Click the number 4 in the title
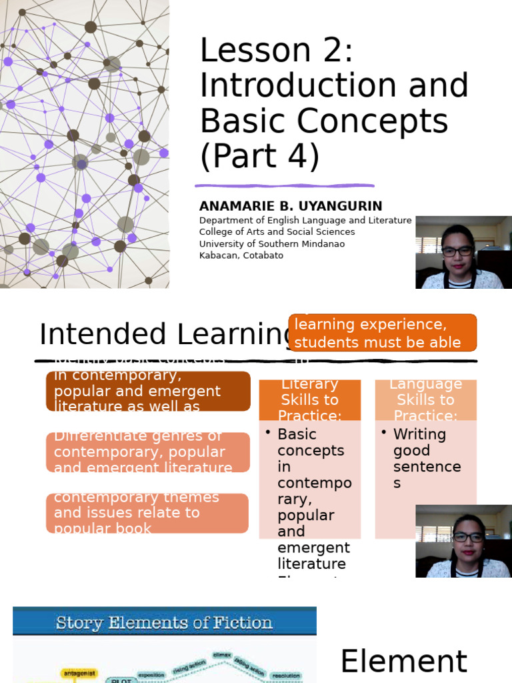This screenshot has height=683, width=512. coord(293,157)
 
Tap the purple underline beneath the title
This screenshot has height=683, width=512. coord(285,186)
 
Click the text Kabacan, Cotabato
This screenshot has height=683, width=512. coord(241,255)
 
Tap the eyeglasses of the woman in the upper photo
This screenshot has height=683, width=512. coord(457,251)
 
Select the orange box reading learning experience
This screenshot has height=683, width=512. coord(383,333)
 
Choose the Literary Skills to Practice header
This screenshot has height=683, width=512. coord(309,400)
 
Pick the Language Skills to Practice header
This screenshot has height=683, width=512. coord(425,400)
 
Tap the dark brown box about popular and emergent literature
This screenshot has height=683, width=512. coord(148,392)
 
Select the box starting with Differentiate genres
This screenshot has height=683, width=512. coord(148,452)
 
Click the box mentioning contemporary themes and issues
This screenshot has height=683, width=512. coord(147,513)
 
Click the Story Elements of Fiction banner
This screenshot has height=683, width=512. coord(164,623)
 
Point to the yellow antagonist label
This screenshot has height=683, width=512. coord(79,673)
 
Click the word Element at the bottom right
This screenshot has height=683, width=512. coord(403,662)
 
